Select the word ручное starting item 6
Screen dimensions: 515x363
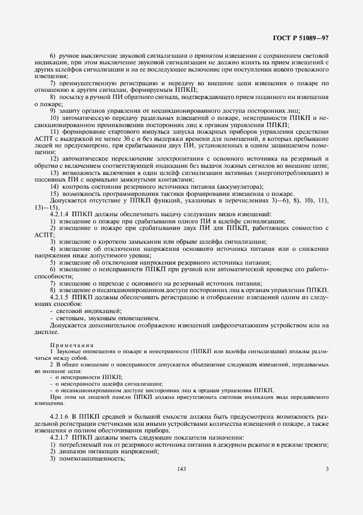[69, 57]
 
